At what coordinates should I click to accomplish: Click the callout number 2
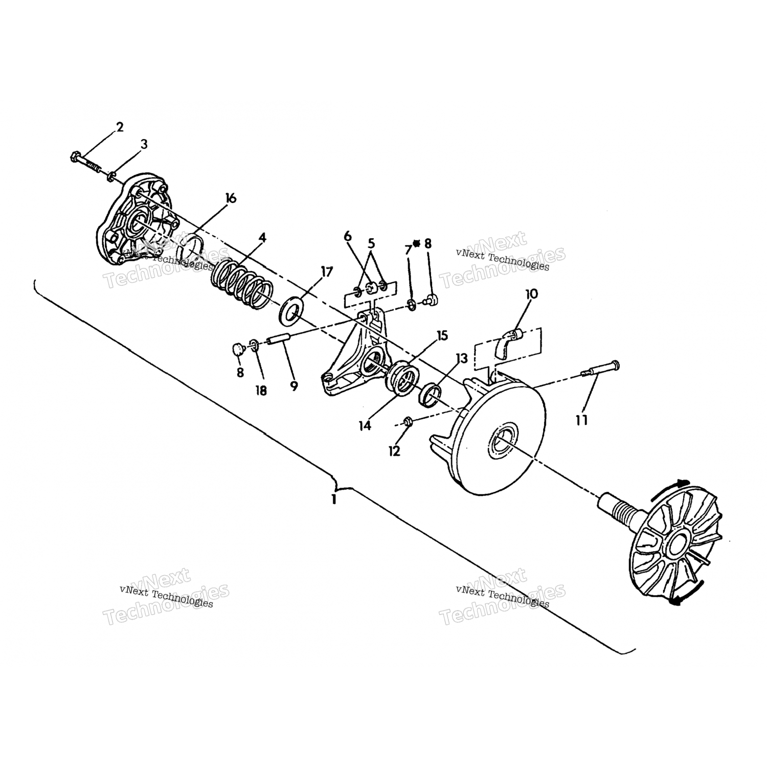coord(120,127)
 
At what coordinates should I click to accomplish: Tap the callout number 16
coord(231,198)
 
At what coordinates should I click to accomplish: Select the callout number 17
coord(327,272)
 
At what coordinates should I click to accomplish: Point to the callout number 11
coord(581,420)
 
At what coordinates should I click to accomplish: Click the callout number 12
coord(394,451)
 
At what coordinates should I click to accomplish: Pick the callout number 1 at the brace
coord(334,499)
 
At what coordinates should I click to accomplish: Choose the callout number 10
coord(531,294)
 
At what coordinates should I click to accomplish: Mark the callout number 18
coord(261,391)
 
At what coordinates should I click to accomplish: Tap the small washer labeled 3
coord(110,177)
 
